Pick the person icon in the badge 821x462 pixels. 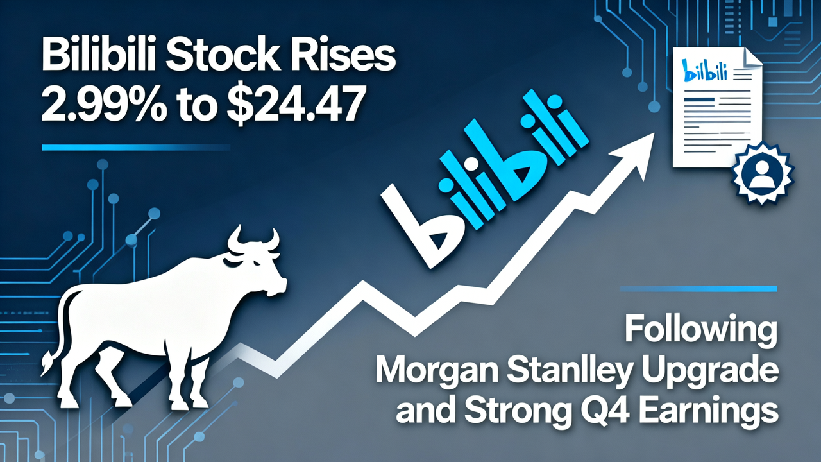tap(763, 173)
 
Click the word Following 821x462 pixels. tap(700, 333)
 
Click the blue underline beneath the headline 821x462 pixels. tap(135, 147)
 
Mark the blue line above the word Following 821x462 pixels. tap(698, 288)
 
